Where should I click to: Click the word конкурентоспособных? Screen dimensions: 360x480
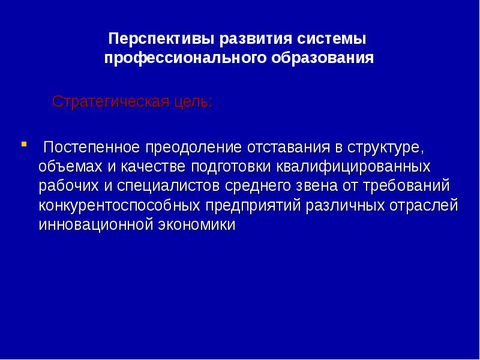tap(119, 205)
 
